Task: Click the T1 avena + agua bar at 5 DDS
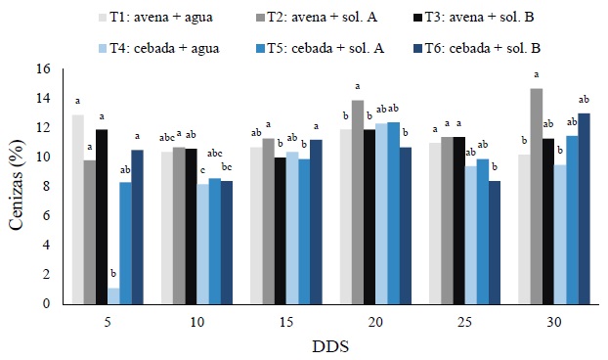coord(77,209)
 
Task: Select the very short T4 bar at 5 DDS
coord(114,295)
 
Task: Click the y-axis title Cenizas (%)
coord(17,186)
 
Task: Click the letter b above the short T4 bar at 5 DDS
coord(114,275)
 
